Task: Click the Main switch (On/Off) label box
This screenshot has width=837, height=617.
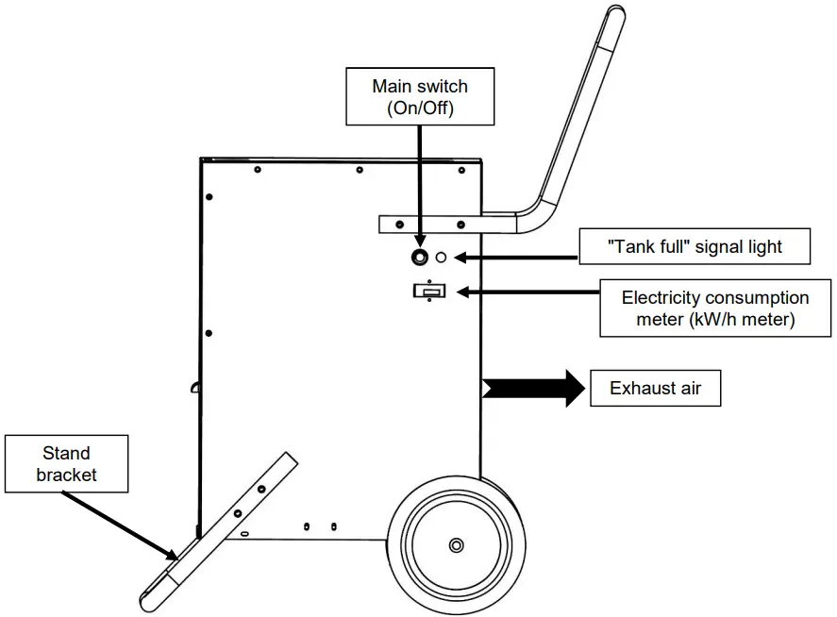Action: tap(420, 96)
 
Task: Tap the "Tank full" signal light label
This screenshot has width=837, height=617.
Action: tap(695, 247)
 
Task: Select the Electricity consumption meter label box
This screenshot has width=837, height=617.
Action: tap(715, 308)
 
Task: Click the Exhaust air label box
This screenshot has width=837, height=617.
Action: tap(655, 388)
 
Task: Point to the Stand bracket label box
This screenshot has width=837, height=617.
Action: tap(66, 463)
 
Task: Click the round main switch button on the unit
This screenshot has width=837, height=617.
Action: tap(419, 257)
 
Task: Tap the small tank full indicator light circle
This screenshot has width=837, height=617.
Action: tap(441, 257)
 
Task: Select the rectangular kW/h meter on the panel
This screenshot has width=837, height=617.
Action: tap(429, 292)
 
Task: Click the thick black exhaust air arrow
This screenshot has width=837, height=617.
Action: tap(533, 388)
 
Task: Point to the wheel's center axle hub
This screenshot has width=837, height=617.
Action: tap(457, 544)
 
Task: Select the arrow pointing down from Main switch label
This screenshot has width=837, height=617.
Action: tap(419, 184)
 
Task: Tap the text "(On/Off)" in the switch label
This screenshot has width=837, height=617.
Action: tap(420, 108)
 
